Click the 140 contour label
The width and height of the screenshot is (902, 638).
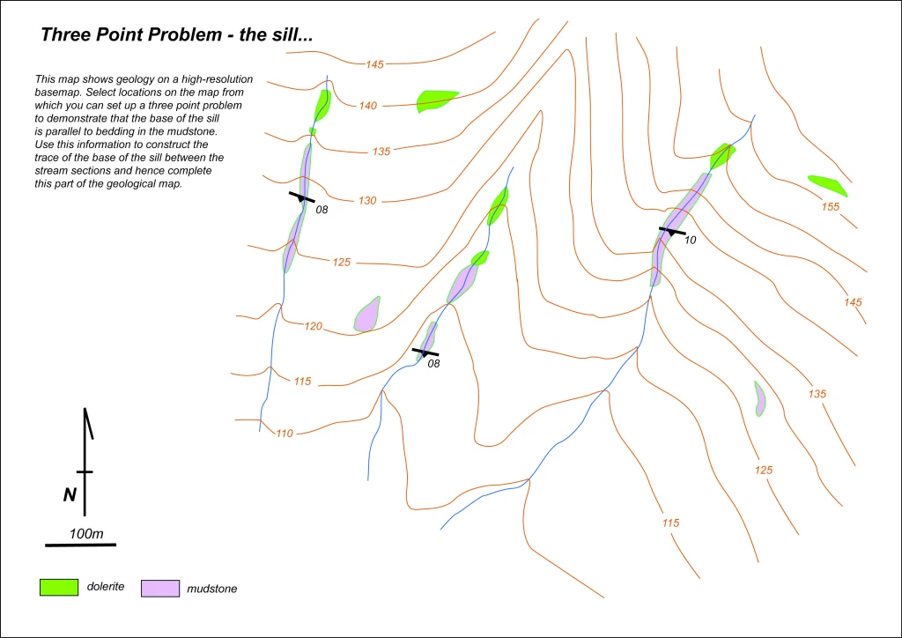[x=368, y=106]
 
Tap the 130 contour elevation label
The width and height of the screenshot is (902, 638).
[x=367, y=201]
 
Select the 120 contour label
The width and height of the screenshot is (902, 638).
[x=314, y=326]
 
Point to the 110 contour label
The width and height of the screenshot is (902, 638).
[x=284, y=434]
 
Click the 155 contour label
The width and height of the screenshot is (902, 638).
[x=830, y=207]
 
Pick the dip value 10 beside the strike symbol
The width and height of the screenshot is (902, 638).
[x=691, y=240]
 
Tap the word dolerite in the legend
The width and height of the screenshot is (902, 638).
[x=107, y=586]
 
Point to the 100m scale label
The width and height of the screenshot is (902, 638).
[x=86, y=533]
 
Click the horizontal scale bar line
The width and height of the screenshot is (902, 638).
[x=80, y=545]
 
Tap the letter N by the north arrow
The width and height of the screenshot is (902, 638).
[x=70, y=495]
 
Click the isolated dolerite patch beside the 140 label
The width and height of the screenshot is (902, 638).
[x=437, y=100]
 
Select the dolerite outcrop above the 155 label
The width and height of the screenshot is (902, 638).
[x=827, y=185]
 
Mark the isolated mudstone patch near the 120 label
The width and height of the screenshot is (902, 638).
[x=367, y=314]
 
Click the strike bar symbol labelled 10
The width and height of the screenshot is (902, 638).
[x=671, y=232]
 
